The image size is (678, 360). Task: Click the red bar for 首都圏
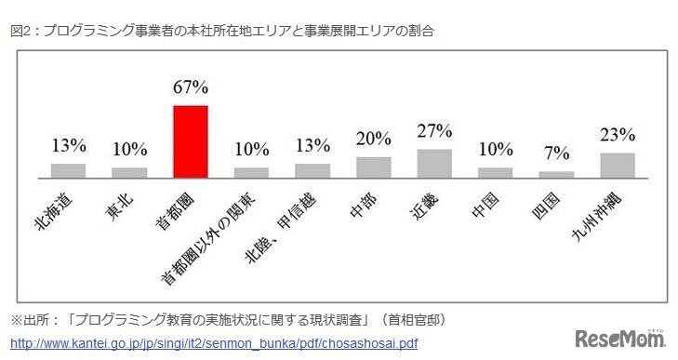pos(191,140)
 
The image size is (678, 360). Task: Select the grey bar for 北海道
pos(68,170)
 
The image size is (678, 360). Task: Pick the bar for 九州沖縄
pos(618,165)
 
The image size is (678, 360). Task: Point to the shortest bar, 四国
pos(556,174)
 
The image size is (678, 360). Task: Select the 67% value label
pos(191,88)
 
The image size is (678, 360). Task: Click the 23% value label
pos(618,135)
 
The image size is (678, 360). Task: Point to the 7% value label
pos(556,153)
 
